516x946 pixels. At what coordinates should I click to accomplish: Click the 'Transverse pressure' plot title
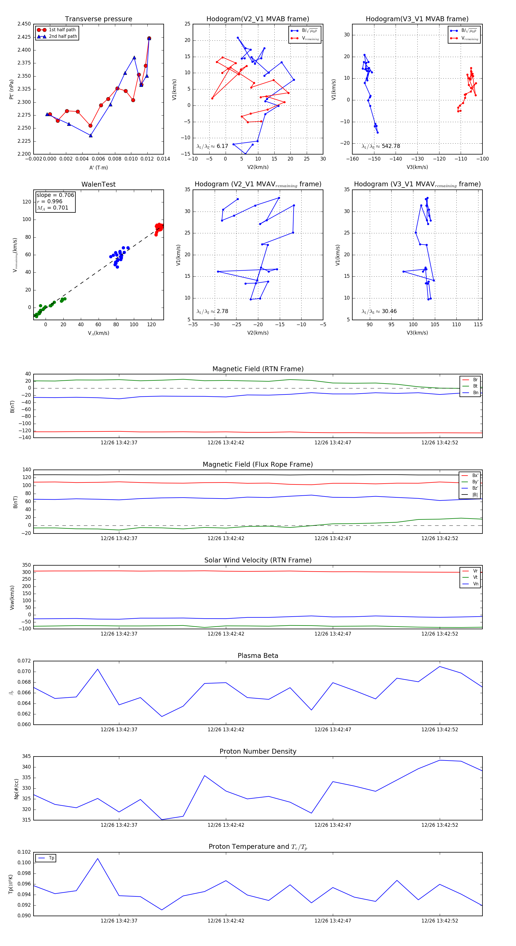[98, 19]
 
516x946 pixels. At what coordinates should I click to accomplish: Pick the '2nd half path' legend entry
[63, 36]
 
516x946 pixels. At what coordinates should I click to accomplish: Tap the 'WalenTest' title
[98, 184]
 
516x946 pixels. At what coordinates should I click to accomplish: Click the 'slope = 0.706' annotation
[55, 195]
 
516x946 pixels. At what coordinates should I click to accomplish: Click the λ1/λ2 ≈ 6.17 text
[212, 146]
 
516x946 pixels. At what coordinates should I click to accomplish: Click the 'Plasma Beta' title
[258, 656]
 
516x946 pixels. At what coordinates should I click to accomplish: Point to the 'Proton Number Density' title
[258, 751]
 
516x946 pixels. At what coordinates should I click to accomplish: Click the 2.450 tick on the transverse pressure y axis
[24, 24]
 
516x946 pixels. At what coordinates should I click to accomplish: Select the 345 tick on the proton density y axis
[26, 756]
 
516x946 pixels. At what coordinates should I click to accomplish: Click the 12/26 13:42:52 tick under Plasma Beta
[440, 729]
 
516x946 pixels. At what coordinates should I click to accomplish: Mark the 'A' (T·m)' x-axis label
[98, 167]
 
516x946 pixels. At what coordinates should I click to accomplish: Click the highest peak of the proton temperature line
[98, 859]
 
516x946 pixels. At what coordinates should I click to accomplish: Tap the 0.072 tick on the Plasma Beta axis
[24, 661]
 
